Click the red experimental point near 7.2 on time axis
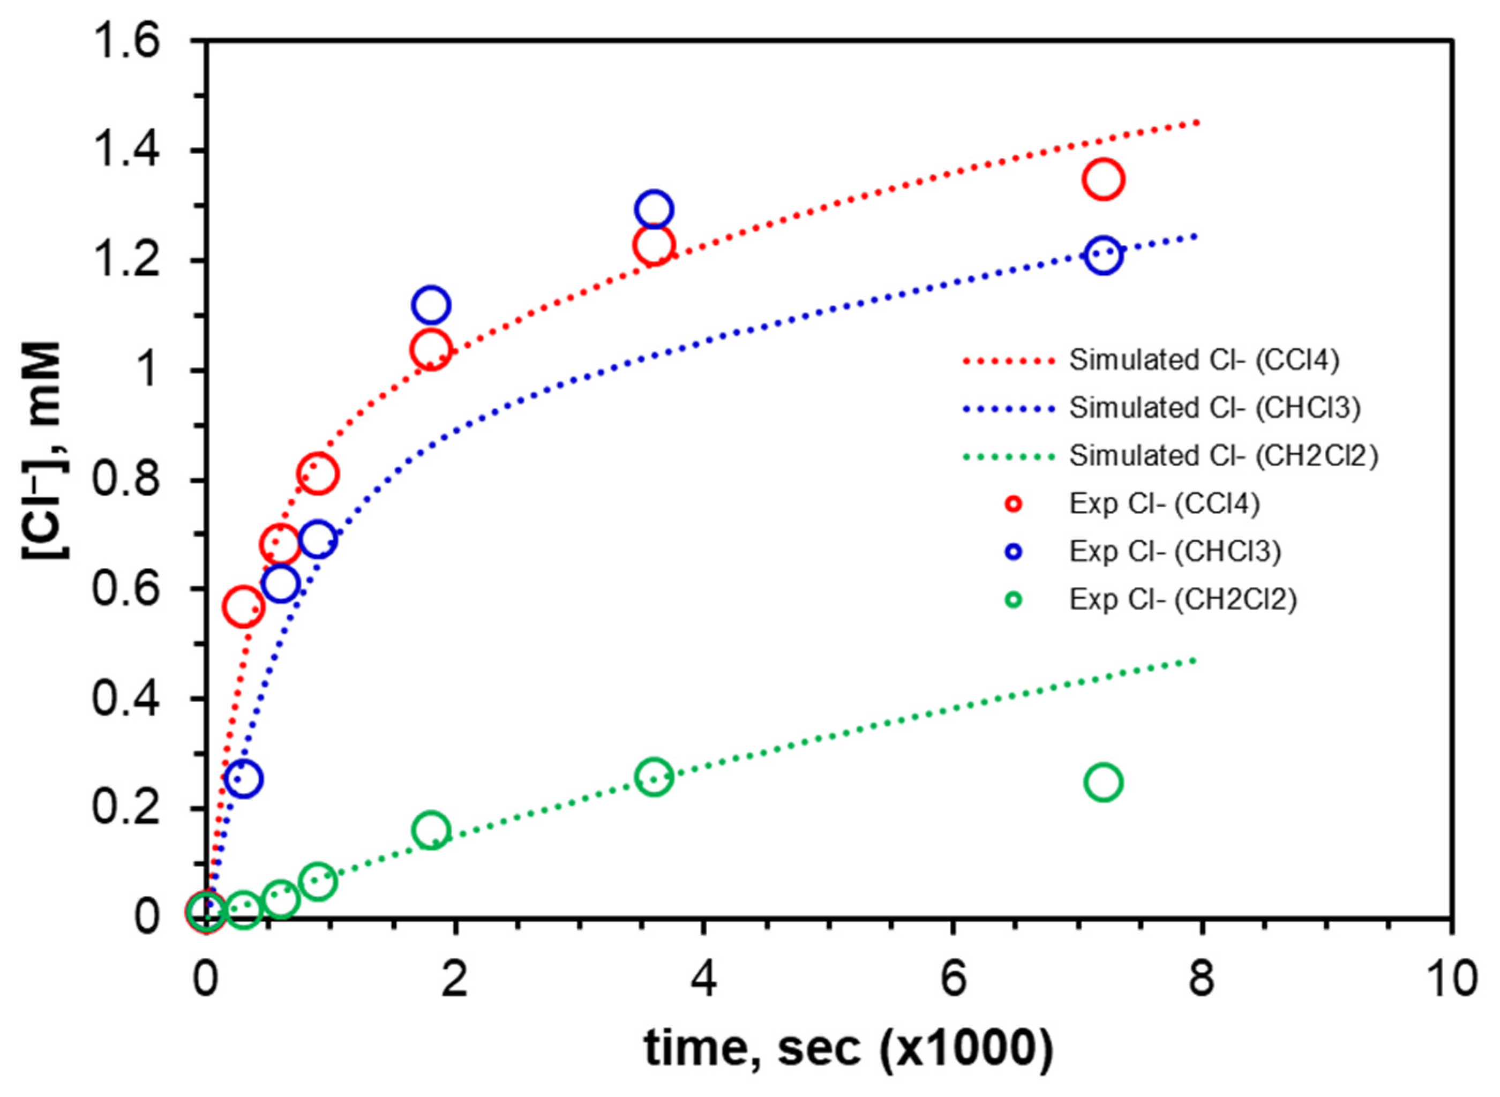coord(1103,179)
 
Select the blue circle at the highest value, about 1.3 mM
coord(654,209)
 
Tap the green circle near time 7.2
coord(1103,782)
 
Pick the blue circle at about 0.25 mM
coord(244,779)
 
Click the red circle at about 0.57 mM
coord(244,607)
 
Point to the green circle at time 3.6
coord(654,776)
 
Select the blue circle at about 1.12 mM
coord(431,305)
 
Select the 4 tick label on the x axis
coord(704,980)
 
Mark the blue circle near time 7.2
coord(1103,255)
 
